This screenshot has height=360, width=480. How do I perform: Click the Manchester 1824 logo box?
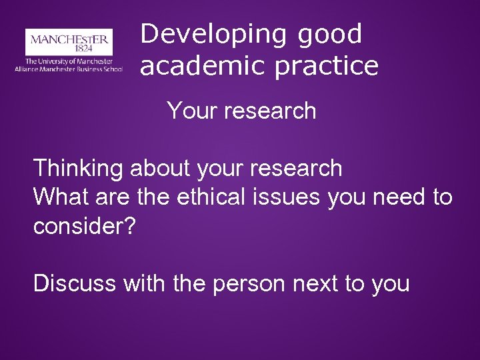[x=69, y=41]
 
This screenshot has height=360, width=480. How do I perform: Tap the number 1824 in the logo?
[x=69, y=48]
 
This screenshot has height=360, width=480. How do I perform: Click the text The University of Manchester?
[x=69, y=61]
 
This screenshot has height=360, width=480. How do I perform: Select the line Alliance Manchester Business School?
[x=69, y=69]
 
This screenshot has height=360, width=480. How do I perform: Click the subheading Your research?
[x=241, y=110]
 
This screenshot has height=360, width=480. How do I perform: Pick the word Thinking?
[x=78, y=169]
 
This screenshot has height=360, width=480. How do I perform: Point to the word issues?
[x=289, y=197]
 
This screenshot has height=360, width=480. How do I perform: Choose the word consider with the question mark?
[x=85, y=226]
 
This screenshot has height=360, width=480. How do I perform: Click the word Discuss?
[x=75, y=283]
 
